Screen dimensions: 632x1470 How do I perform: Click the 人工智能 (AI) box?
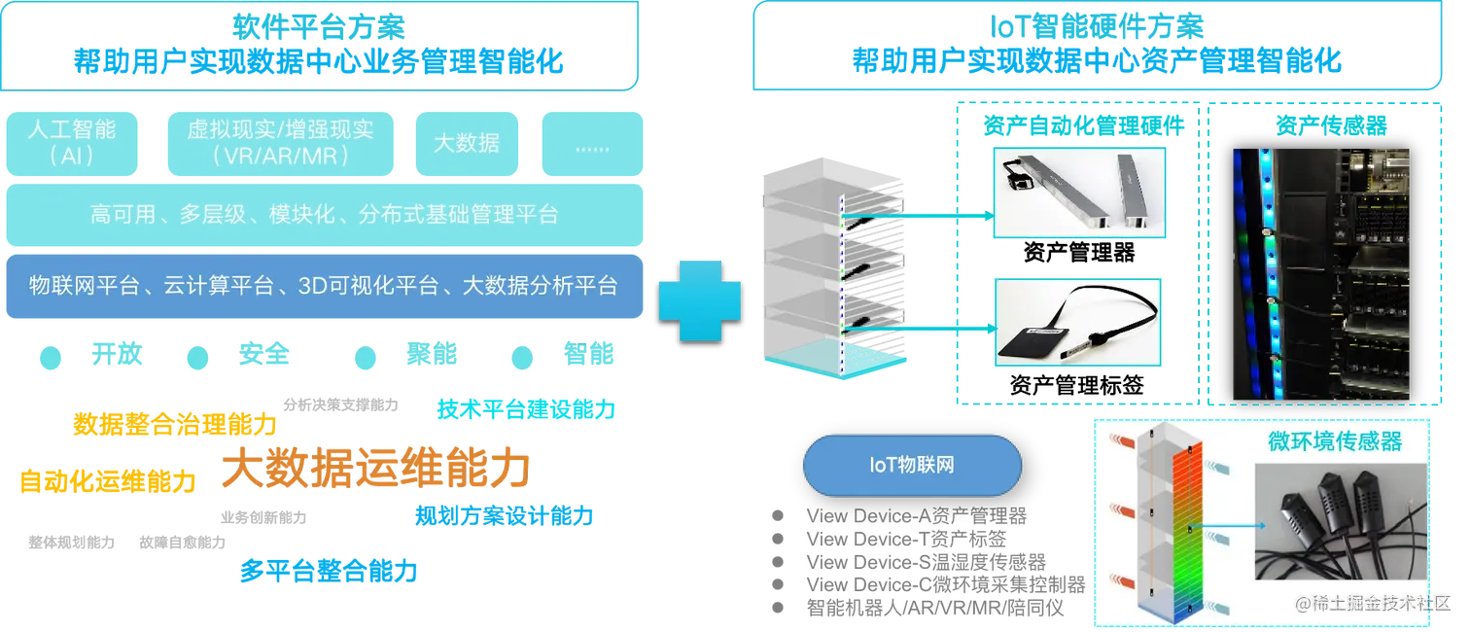pos(72,142)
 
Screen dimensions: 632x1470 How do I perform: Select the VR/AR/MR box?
pos(280,142)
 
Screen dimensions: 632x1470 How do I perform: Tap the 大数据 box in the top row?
pos(467,143)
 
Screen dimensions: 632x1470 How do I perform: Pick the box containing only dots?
pos(592,144)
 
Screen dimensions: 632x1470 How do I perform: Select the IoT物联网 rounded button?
pos(911,466)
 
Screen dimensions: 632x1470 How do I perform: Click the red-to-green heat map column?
pos(1188,530)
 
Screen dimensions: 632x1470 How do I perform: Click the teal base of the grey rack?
pos(801,359)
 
